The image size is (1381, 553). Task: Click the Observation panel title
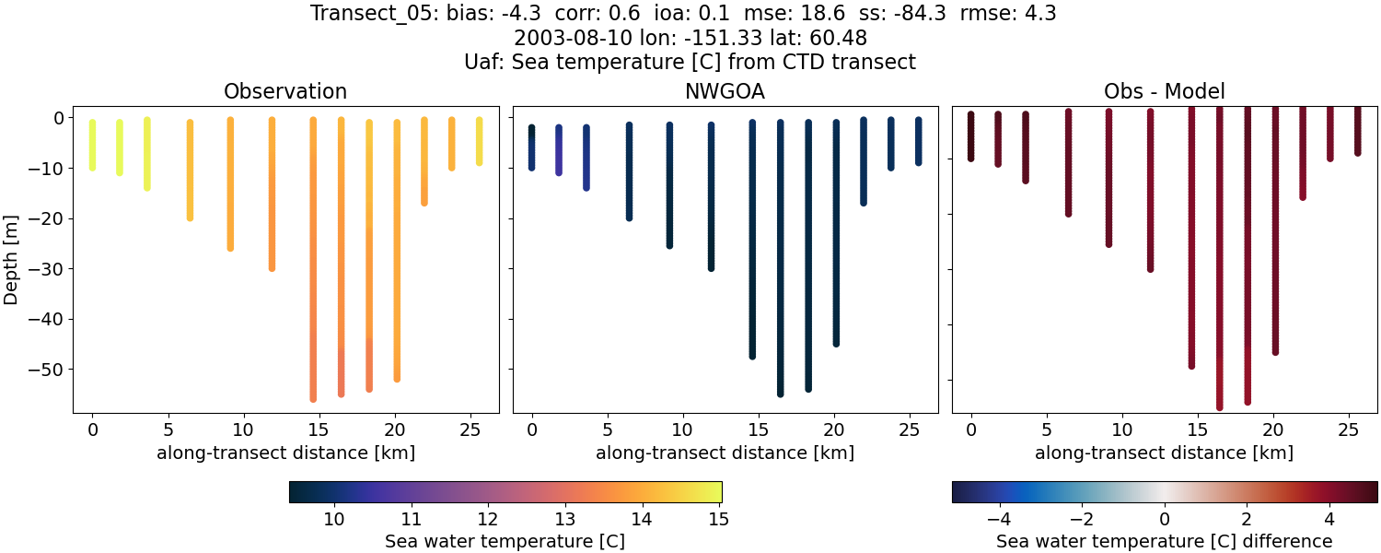(x=285, y=91)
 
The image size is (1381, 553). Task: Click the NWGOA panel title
(x=725, y=91)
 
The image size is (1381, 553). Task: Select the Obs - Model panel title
(x=1164, y=91)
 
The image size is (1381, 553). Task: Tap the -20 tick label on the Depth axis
(x=52, y=218)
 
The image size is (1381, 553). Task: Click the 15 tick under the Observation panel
(x=318, y=430)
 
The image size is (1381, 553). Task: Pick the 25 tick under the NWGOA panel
(x=907, y=430)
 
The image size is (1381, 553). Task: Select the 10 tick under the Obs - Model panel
(x=1121, y=430)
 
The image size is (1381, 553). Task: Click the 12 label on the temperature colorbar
(x=488, y=519)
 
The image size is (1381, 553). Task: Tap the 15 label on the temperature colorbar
(x=719, y=519)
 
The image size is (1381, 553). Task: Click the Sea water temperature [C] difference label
(x=1164, y=542)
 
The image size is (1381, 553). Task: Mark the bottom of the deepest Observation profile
(x=313, y=398)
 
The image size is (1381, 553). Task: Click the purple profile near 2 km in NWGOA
(x=559, y=152)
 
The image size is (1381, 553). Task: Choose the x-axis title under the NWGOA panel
(x=725, y=453)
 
